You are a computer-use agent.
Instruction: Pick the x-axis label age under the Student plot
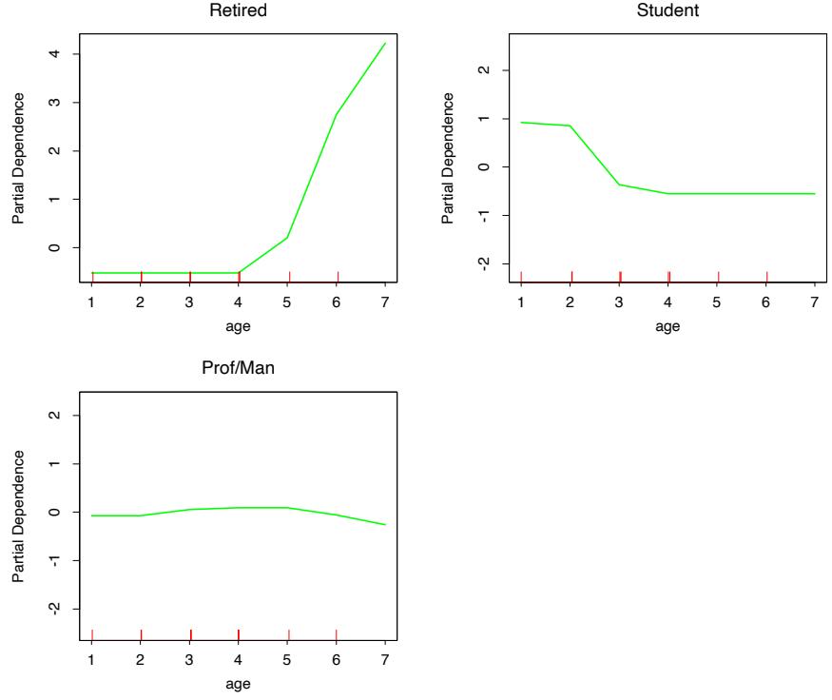[668, 326]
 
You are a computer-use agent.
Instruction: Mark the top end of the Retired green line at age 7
[385, 43]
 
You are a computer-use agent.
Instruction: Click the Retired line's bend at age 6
[337, 115]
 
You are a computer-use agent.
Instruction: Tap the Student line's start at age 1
[521, 122]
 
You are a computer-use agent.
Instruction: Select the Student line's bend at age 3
[619, 185]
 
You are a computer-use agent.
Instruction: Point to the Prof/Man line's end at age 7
[385, 524]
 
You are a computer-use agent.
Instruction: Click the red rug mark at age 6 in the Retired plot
[338, 276]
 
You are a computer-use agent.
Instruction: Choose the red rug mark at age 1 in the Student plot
[521, 276]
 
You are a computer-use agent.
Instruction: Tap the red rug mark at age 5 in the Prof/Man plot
[288, 634]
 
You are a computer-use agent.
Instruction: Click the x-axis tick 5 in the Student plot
[717, 301]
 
